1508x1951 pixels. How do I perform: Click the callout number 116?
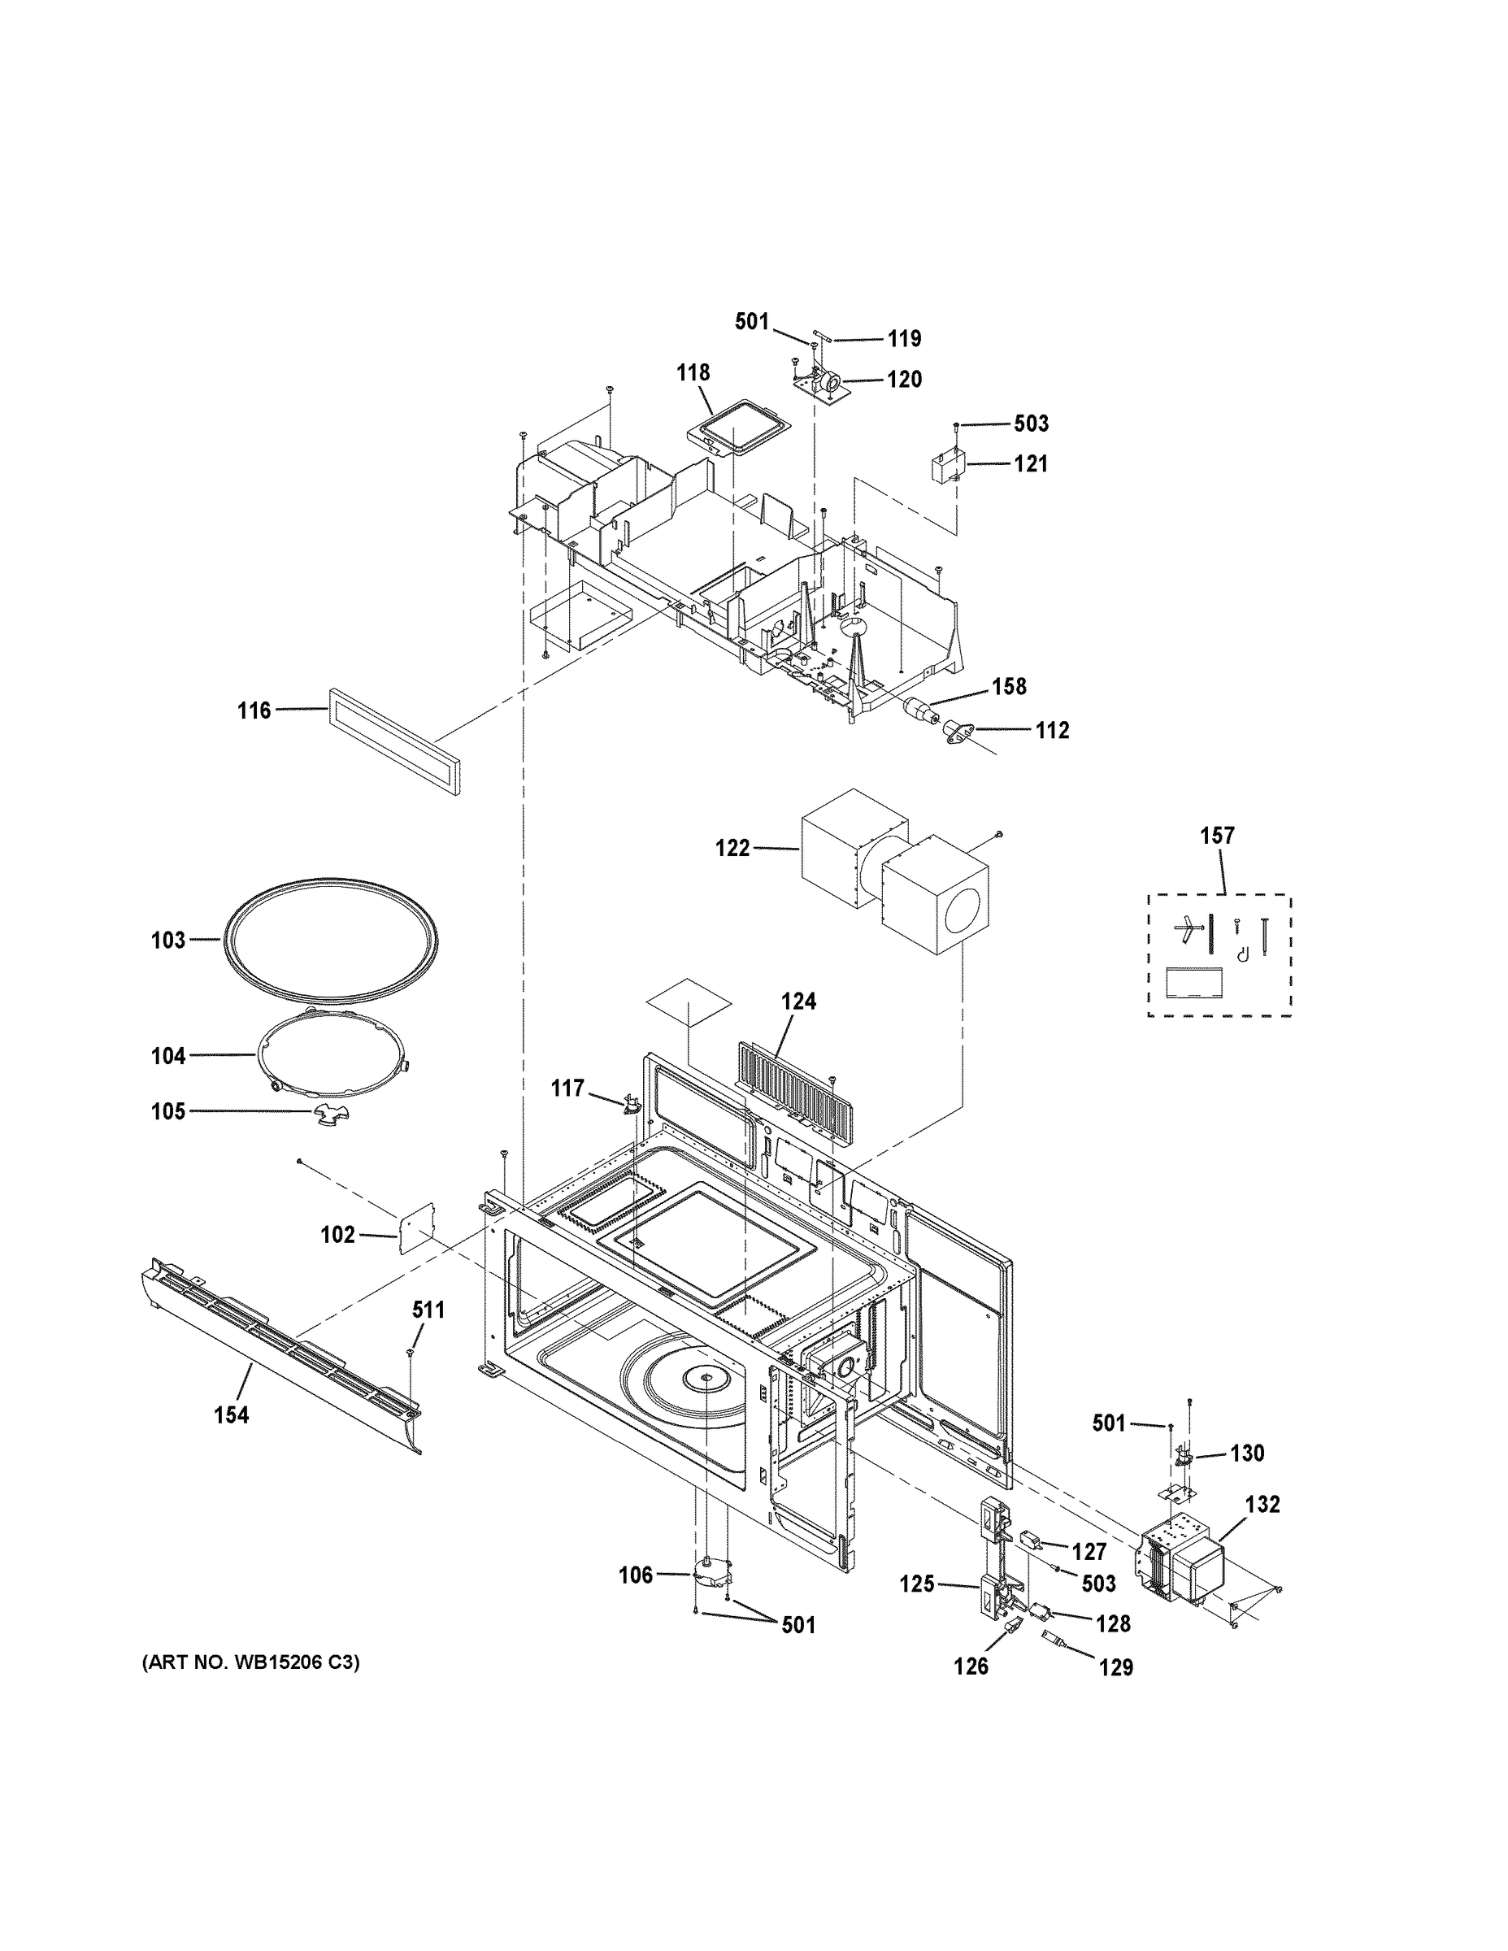254,711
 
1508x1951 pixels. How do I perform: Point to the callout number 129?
1116,1667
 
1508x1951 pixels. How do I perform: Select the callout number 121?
1030,463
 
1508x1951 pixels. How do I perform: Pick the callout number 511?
428,1310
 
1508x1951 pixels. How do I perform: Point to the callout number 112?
1053,730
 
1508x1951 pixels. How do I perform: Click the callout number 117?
567,1088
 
